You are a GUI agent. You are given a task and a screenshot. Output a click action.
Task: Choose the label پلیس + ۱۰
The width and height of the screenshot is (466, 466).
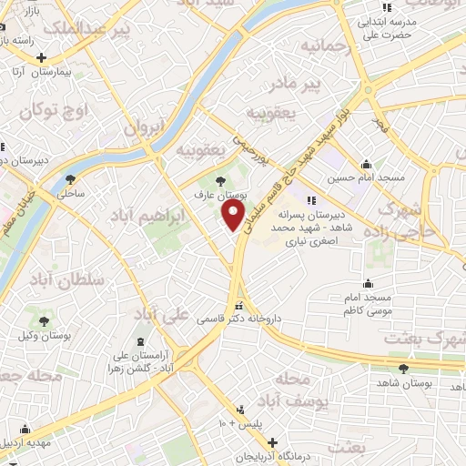(238, 425)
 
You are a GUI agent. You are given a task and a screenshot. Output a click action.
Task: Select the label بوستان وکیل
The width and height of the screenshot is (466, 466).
(45, 335)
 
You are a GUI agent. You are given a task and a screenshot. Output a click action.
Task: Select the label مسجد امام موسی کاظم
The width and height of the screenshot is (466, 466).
(367, 304)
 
